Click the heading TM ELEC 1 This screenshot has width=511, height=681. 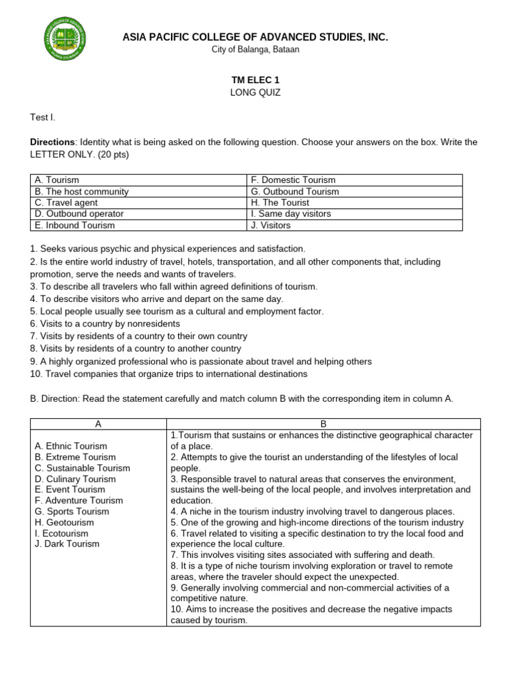(255, 80)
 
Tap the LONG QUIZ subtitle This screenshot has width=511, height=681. (255, 92)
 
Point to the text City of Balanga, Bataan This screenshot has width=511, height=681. (255, 50)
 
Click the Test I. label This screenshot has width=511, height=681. (43, 117)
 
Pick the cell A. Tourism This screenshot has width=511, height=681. (57, 180)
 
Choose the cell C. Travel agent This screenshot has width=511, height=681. (67, 202)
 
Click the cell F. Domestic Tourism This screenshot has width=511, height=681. (293, 180)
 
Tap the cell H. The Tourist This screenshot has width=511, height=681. (280, 202)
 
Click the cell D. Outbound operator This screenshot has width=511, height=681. (79, 213)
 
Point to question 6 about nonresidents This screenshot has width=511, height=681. (105, 324)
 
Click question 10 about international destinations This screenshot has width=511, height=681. (169, 374)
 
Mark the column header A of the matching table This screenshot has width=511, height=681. (98, 424)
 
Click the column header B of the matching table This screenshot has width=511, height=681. (323, 424)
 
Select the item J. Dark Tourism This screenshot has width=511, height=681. (67, 543)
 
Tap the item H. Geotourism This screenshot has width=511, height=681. (65, 522)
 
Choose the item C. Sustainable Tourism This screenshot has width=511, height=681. (83, 468)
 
